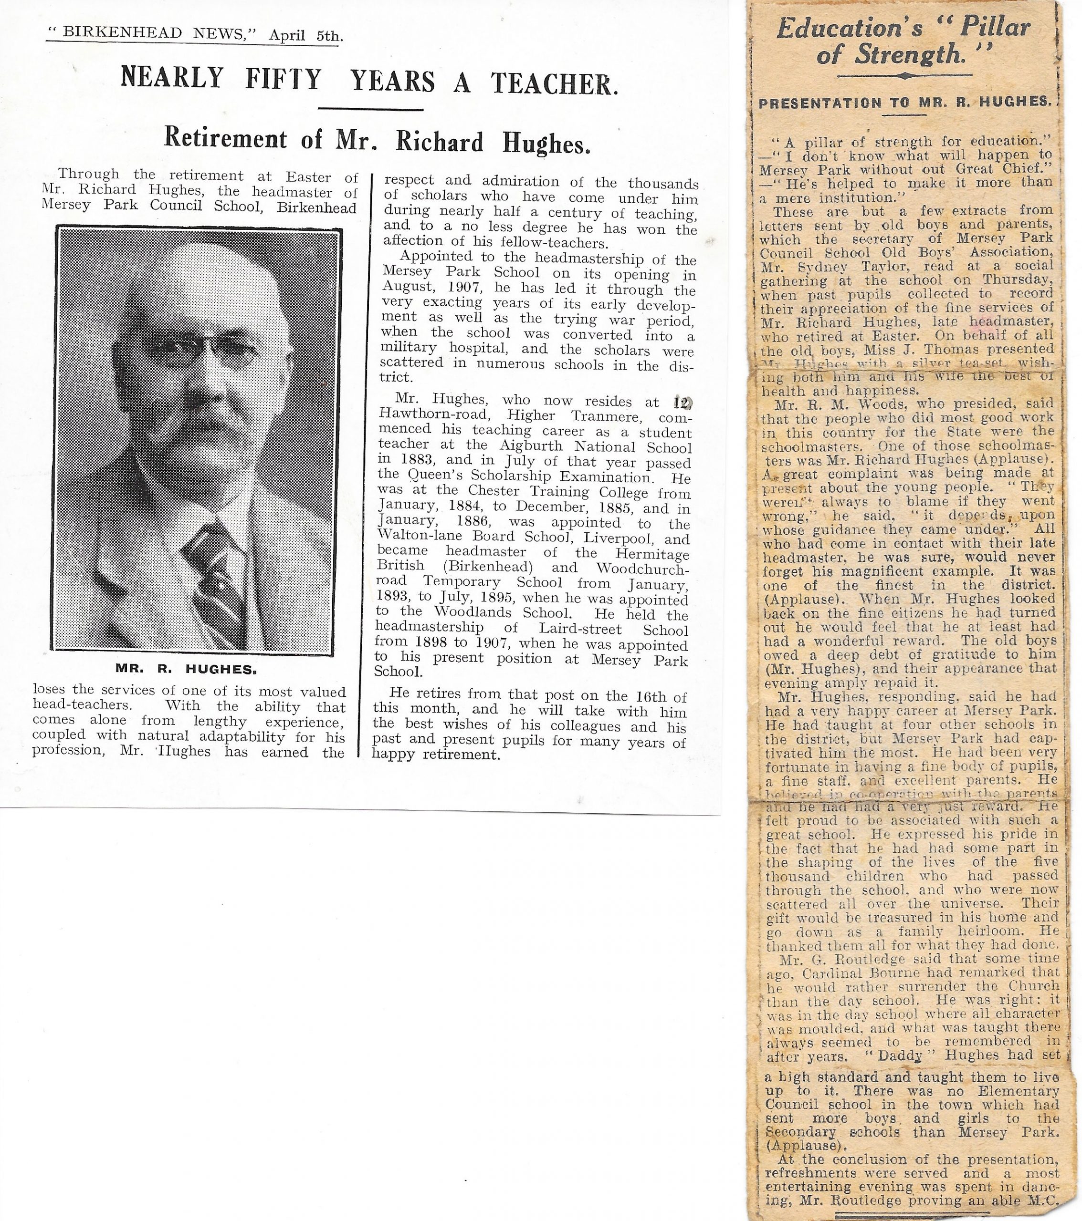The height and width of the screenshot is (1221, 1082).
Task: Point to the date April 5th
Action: [305, 36]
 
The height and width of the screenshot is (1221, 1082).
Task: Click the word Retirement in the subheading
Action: [226, 139]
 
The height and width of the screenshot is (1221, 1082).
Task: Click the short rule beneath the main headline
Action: [371, 109]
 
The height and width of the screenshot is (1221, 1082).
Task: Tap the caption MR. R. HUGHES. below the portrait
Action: [186, 670]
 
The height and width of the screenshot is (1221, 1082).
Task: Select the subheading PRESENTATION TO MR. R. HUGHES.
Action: [904, 103]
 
